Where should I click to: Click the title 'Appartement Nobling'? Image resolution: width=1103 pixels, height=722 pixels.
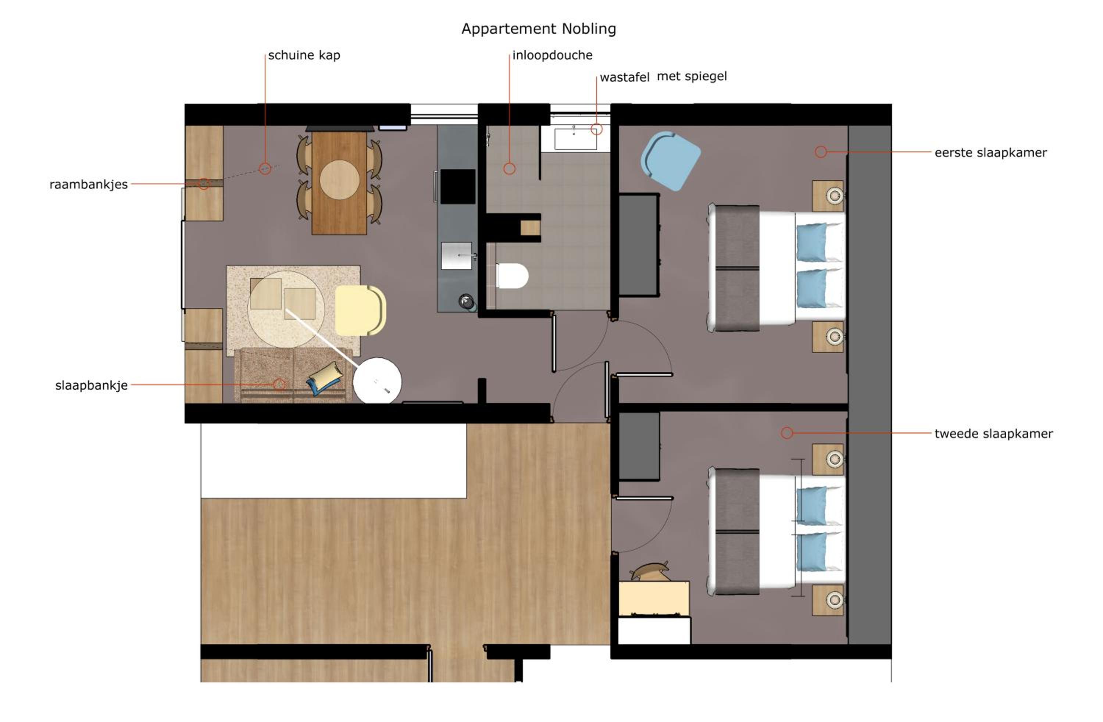click(539, 29)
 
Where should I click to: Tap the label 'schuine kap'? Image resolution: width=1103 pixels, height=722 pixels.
click(304, 55)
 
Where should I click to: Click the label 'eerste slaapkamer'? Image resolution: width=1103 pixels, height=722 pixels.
click(991, 153)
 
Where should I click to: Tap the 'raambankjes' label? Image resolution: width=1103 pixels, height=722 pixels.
click(89, 185)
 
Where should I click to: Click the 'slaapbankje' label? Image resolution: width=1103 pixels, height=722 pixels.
click(91, 386)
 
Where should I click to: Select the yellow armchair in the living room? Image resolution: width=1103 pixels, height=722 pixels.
click(360, 310)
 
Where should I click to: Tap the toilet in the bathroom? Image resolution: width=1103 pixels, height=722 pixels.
click(512, 276)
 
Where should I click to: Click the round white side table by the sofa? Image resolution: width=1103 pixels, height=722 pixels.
click(377, 381)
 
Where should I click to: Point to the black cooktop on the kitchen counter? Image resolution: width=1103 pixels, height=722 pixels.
click(457, 186)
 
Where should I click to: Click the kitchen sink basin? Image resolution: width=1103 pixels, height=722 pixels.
click(457, 255)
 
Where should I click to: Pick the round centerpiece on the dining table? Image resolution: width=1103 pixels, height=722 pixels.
click(339, 180)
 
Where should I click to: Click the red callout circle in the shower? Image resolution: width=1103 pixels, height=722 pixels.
click(509, 169)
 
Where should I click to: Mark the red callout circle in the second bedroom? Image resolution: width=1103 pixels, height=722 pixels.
click(787, 433)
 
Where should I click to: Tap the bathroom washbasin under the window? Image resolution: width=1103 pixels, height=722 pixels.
click(576, 138)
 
